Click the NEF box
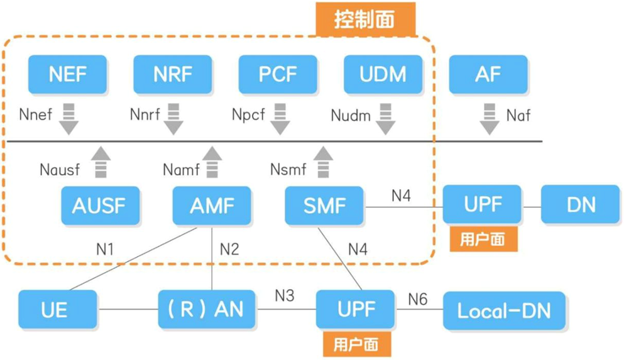(68, 74)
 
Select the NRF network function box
(173, 74)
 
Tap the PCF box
(278, 74)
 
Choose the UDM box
(383, 74)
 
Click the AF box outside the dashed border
(488, 74)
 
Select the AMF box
(212, 205)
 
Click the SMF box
(324, 205)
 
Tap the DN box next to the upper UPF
(580, 204)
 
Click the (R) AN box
(207, 309)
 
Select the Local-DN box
(505, 310)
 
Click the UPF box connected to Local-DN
(355, 309)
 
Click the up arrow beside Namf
(212, 162)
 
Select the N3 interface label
(284, 295)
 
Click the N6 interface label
(418, 299)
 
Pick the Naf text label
(518, 116)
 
